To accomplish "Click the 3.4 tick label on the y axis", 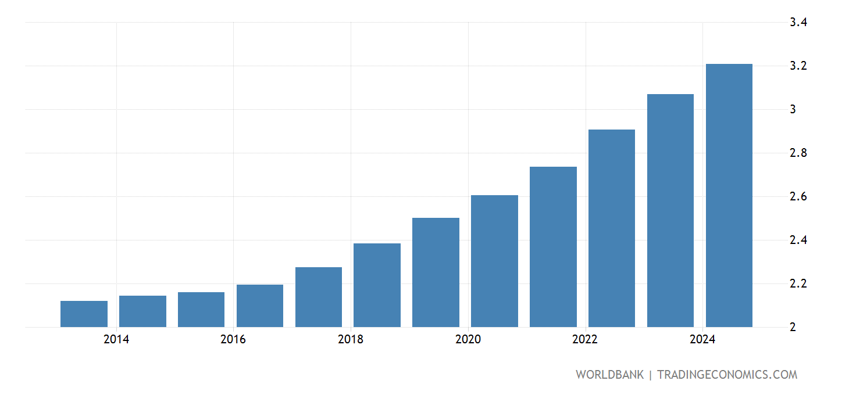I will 798,23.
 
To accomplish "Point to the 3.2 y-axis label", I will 798,66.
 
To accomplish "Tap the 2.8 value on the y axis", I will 798,153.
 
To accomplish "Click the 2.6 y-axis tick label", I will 798,197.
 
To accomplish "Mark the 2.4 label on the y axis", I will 798,240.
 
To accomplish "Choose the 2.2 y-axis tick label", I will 798,284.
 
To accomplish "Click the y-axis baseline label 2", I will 793,328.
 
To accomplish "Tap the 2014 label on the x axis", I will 116,340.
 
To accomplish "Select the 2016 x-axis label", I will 233,340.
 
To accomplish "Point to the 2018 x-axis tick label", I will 351,340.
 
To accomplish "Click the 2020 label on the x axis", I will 468,340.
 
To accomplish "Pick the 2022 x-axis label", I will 585,340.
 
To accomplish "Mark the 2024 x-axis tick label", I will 702,340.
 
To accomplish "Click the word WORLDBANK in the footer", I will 609,375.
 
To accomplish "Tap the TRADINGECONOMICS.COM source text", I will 727,375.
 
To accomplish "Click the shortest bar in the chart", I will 84,314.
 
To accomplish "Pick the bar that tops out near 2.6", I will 494,261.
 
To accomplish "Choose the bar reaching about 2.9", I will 612,228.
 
